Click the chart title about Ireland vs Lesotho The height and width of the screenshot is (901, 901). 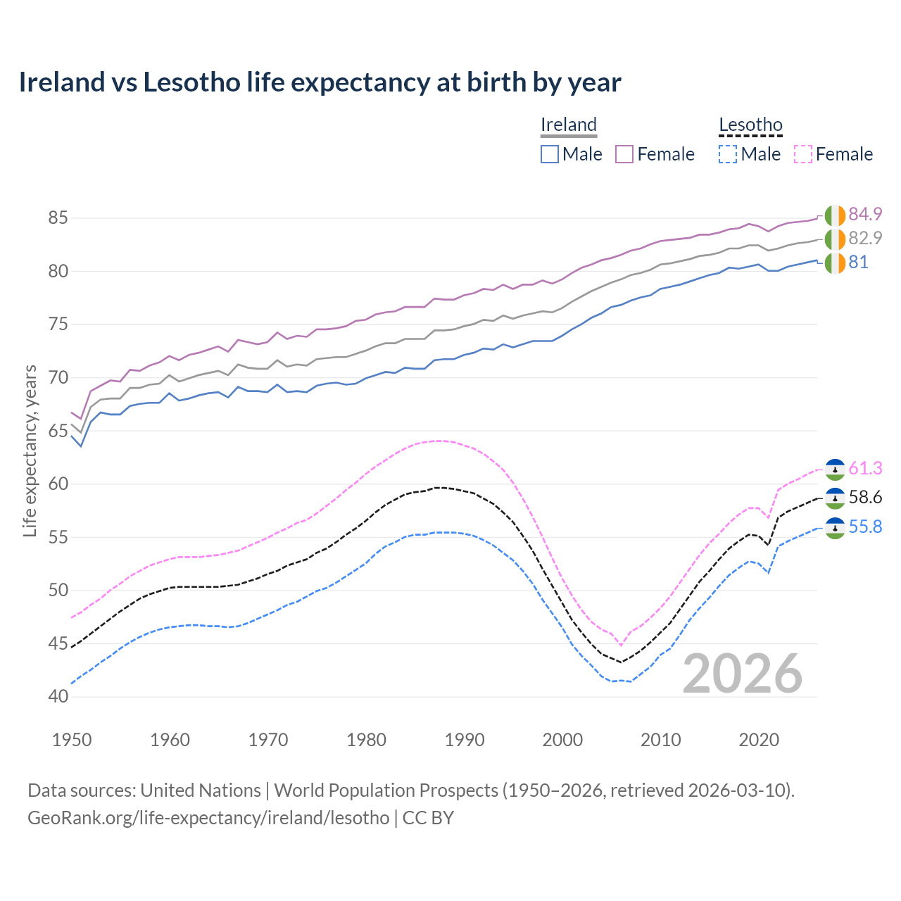[x=320, y=82]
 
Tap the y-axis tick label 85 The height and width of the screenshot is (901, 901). [x=58, y=218]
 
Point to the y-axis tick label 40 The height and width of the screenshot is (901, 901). [x=58, y=696]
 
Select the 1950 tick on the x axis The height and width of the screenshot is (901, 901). [x=72, y=740]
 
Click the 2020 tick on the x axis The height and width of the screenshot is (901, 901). [x=759, y=740]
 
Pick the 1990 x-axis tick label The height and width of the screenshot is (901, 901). [x=465, y=740]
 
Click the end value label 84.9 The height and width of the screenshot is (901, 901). [x=865, y=214]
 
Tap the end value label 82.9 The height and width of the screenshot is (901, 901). [x=865, y=238]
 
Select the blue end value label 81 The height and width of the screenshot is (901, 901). [x=858, y=262]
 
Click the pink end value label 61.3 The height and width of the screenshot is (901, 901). [x=865, y=468]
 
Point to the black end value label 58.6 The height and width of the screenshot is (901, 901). [x=865, y=498]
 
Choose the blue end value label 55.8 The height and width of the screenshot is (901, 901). [x=865, y=527]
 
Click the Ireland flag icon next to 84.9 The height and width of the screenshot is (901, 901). [x=835, y=215]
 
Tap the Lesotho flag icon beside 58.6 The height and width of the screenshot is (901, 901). [x=835, y=498]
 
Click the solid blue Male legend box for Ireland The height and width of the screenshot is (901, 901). [x=550, y=154]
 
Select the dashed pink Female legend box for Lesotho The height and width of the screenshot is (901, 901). [x=803, y=154]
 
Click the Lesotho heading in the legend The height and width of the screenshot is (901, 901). [x=750, y=125]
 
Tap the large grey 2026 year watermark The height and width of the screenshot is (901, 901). [x=743, y=674]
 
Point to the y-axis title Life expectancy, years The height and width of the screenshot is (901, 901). [x=30, y=450]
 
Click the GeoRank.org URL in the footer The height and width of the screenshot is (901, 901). [x=208, y=817]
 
